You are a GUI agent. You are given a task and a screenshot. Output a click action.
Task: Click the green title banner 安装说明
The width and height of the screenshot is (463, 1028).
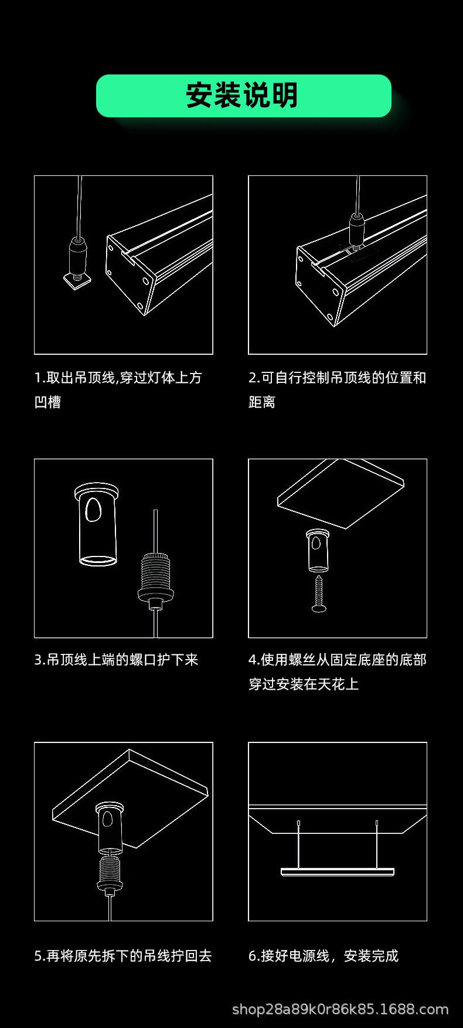[243, 96]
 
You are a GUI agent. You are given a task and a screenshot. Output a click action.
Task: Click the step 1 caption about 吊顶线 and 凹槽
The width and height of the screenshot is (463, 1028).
[118, 389]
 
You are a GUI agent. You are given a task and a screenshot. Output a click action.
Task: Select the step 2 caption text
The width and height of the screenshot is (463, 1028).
[337, 389]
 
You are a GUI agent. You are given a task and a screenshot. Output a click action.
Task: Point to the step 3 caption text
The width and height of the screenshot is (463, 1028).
[116, 660]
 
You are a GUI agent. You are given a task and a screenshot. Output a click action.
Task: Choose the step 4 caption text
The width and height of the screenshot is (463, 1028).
[337, 671]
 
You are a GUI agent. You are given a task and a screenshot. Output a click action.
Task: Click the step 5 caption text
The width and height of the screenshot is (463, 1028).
[122, 956]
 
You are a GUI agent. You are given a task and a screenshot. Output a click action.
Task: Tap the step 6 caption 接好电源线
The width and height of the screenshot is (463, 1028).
[323, 956]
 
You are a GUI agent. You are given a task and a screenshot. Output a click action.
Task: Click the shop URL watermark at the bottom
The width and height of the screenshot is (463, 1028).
[340, 1009]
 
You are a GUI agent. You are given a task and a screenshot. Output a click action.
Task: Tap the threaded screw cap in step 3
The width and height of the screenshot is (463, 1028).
[155, 578]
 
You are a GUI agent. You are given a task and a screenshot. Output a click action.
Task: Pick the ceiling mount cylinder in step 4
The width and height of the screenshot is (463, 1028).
[318, 550]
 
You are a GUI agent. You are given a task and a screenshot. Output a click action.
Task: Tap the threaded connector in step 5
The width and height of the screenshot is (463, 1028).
[110, 874]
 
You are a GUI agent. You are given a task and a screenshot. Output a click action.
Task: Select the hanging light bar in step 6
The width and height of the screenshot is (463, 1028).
[338, 872]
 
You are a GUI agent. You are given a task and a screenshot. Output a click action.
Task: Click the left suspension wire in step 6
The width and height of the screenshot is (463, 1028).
[299, 844]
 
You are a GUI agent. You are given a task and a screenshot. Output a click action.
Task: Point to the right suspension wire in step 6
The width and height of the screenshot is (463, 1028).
[377, 844]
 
